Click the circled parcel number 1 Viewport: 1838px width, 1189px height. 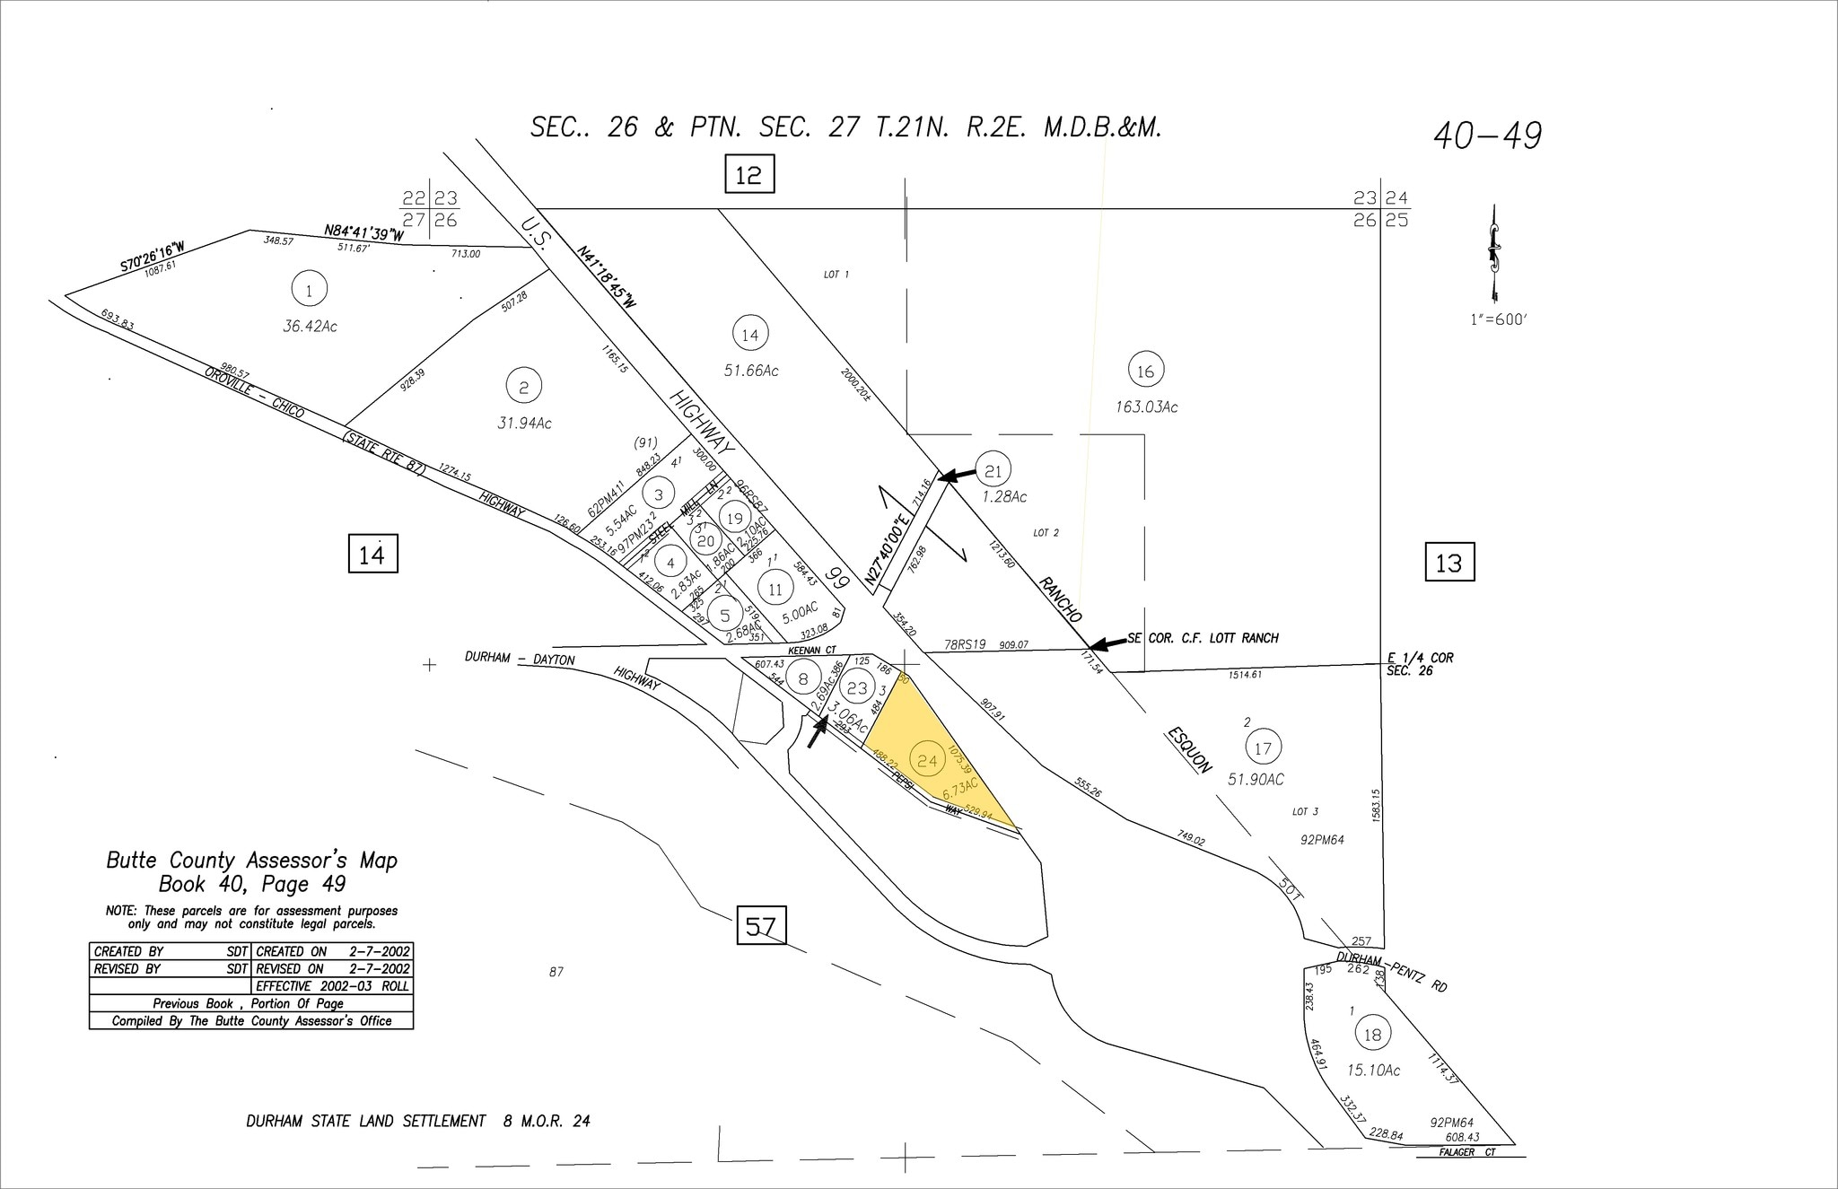tap(309, 290)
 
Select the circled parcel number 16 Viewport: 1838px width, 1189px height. tap(1145, 371)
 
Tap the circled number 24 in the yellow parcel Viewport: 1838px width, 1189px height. tap(927, 761)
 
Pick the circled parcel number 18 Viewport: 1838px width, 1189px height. tap(1373, 1035)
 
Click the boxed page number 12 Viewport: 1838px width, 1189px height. tap(748, 174)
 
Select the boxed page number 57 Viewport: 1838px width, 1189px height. tap(761, 925)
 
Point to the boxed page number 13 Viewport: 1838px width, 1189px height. tap(1449, 563)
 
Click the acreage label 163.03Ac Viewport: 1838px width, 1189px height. tap(1145, 407)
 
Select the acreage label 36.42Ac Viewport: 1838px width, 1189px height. tap(310, 327)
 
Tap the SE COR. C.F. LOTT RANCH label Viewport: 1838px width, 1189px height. tap(1203, 638)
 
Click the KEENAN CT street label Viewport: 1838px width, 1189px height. tap(811, 650)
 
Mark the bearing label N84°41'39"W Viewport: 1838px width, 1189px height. tap(363, 233)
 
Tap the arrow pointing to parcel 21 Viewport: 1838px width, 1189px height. tap(958, 474)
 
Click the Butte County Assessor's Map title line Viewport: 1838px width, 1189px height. tap(251, 861)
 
